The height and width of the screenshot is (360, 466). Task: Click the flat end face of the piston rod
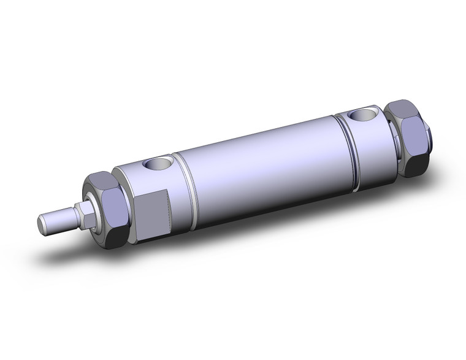44,224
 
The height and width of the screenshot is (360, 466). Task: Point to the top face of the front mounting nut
101,180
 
